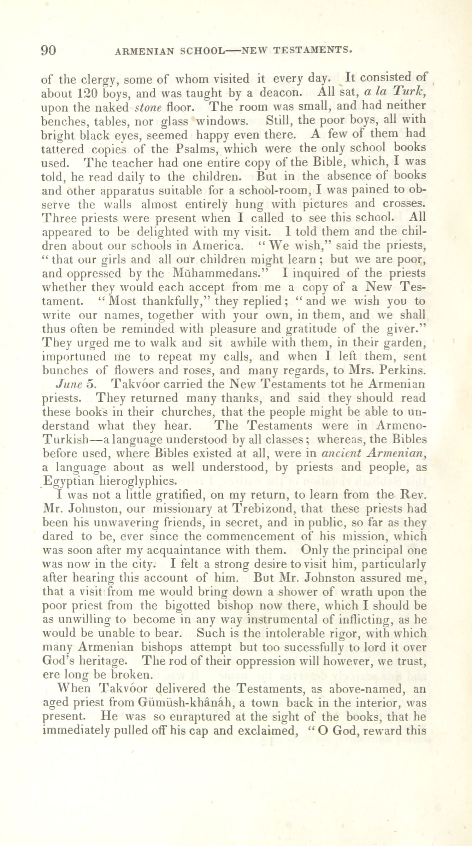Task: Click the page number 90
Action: (48, 50)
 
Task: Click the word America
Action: (222, 246)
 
